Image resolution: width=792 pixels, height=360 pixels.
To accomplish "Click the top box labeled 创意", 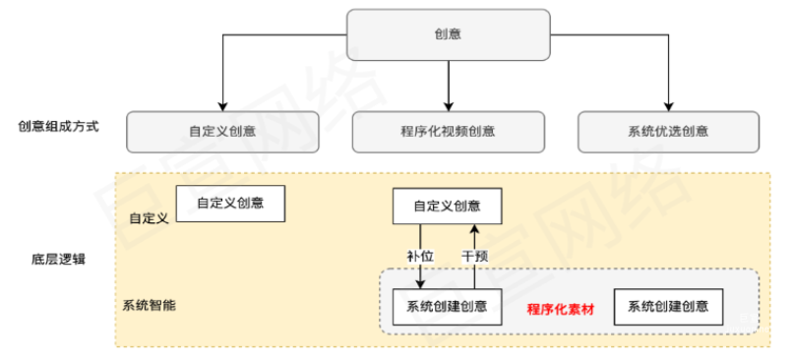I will tap(448, 34).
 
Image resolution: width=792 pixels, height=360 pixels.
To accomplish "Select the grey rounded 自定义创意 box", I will tap(223, 131).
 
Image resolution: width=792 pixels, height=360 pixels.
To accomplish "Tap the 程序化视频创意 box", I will tap(449, 131).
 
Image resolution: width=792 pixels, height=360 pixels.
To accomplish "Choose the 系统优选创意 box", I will tap(668, 131).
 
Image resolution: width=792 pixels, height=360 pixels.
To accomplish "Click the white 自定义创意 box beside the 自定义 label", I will tap(230, 204).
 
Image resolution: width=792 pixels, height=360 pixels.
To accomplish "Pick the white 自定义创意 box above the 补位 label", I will tap(447, 207).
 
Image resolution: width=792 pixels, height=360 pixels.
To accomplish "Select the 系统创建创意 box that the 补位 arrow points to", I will tap(447, 307).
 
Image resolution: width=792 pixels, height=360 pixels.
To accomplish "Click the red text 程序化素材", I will tap(561, 308).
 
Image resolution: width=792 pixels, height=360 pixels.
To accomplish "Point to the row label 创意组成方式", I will tap(58, 128).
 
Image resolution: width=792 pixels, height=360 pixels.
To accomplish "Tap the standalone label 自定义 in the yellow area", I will tap(149, 216).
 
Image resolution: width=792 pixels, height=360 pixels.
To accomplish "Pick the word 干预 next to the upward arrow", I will tap(475, 256).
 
